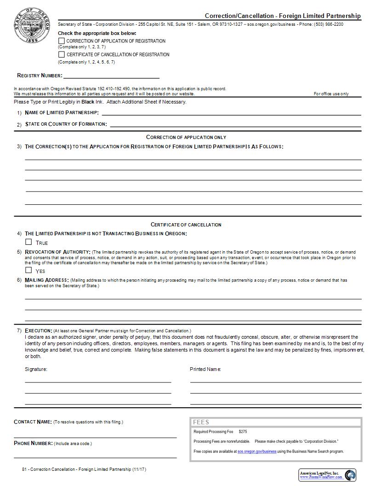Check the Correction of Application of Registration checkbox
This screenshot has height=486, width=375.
pyautogui.click(x=62, y=41)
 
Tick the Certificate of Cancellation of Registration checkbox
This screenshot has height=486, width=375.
pyautogui.click(x=62, y=54)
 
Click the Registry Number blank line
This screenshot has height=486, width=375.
pyautogui.click(x=111, y=76)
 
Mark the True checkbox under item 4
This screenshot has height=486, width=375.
pyautogui.click(x=28, y=242)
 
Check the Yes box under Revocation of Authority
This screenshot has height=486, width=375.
pyautogui.click(x=28, y=271)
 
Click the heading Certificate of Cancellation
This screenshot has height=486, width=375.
pyautogui.click(x=186, y=225)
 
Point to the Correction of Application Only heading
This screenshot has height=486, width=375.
pyautogui.click(x=186, y=137)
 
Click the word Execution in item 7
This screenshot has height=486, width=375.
pyautogui.click(x=38, y=330)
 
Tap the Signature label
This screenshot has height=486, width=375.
pyautogui.click(x=36, y=369)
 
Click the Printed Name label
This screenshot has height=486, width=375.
pyautogui.click(x=205, y=369)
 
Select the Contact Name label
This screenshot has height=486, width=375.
pyautogui.click(x=33, y=422)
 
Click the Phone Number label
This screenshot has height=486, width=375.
pyautogui.click(x=34, y=443)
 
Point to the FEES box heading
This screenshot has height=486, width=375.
pyautogui.click(x=201, y=422)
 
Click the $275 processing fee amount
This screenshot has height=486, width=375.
pyautogui.click(x=243, y=432)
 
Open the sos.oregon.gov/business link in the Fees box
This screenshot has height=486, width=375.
pyautogui.click(x=257, y=451)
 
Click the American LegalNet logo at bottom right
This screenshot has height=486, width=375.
pyautogui.click(x=327, y=475)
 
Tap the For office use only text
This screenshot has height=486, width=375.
pyautogui.click(x=331, y=94)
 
